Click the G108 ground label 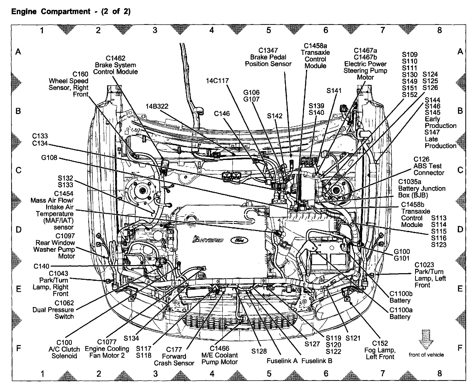[49, 158]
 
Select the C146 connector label [222, 113]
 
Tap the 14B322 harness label [157, 106]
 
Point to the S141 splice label [334, 91]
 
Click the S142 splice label [275, 116]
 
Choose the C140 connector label [41, 266]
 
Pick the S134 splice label [131, 338]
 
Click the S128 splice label [259, 351]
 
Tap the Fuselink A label [282, 361]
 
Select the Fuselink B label [317, 361]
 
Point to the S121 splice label [353, 338]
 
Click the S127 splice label [312, 344]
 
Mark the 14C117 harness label [217, 81]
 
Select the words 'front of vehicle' [426, 355]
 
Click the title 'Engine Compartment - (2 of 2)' [71, 12]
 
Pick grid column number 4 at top [212, 30]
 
